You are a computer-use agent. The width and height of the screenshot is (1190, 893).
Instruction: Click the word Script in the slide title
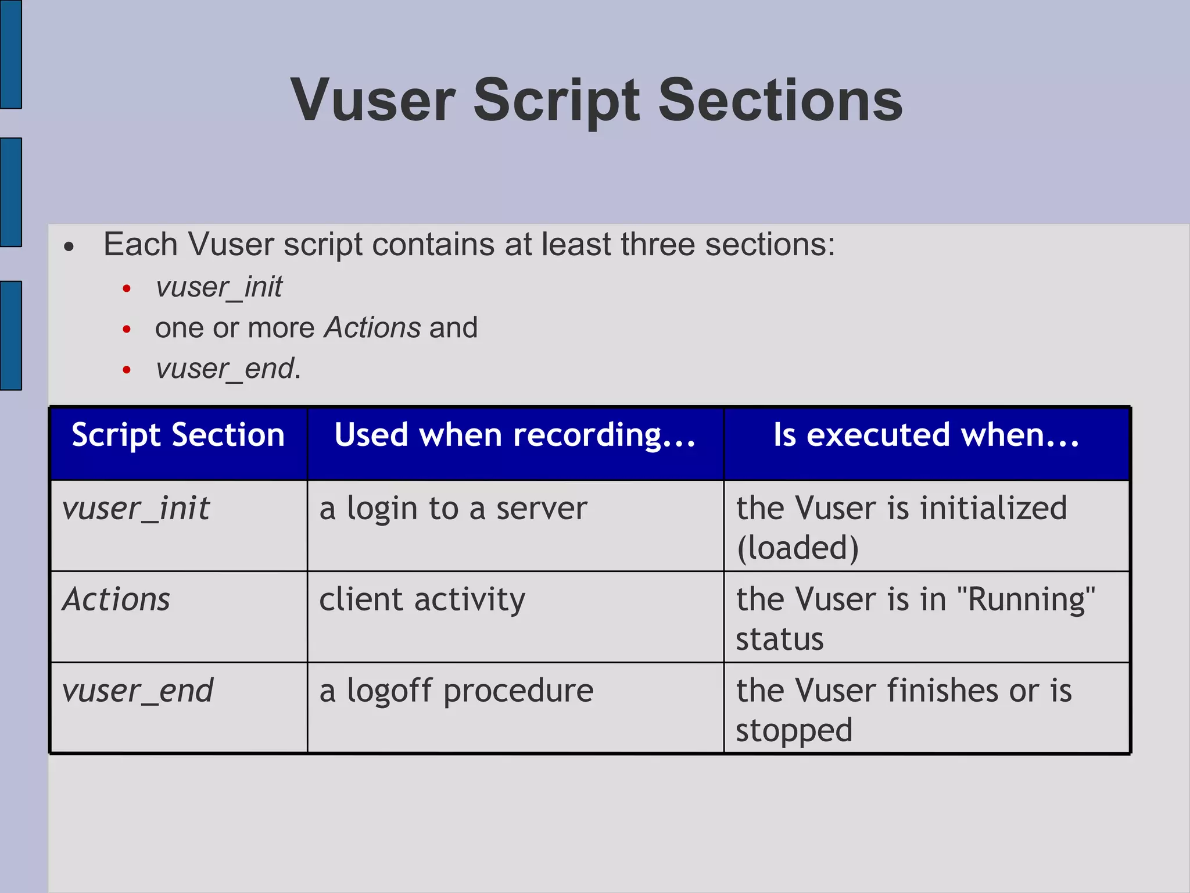[557, 101]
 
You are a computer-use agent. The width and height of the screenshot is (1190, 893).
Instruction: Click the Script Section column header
[178, 435]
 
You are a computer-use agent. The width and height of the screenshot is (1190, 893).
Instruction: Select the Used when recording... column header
[515, 435]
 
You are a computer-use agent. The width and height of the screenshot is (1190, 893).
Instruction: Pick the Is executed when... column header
[926, 435]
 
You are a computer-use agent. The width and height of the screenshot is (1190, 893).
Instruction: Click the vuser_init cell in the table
[136, 509]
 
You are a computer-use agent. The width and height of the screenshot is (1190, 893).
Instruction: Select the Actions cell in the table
[116, 599]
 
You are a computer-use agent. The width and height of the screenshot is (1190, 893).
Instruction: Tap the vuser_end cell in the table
[138, 691]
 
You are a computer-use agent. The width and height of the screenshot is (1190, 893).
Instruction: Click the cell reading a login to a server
[453, 509]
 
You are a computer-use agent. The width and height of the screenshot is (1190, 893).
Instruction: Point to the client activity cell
[422, 599]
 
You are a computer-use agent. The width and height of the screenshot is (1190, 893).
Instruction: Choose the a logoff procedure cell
[456, 691]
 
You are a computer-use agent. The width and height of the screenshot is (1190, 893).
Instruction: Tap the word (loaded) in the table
[797, 548]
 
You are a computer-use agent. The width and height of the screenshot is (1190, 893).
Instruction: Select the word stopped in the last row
[794, 730]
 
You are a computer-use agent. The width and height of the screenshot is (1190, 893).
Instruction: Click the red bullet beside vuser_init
[127, 288]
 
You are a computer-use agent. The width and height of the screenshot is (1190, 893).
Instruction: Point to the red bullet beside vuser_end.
[127, 370]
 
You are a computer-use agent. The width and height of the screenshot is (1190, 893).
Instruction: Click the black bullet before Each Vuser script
[69, 247]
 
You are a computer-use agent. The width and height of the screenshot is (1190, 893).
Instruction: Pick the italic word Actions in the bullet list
[372, 327]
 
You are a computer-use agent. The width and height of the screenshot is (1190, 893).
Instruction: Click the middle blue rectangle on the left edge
[10, 192]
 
